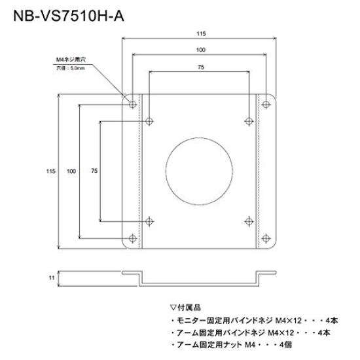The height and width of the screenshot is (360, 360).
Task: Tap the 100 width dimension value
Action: (199, 50)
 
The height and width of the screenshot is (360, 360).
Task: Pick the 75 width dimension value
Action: (199, 67)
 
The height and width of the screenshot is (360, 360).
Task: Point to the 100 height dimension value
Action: (71, 171)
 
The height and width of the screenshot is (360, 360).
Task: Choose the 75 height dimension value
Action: (94, 171)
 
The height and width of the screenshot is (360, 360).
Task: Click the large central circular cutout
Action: (199, 171)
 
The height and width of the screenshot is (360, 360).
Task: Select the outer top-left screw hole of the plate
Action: (134, 104)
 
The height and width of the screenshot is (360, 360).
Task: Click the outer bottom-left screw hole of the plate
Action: (134, 238)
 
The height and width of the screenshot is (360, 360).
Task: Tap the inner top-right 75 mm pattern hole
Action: (248, 120)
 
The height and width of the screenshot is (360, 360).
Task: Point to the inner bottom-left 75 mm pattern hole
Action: (150, 221)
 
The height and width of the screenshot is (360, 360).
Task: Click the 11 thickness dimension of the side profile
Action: (50, 278)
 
